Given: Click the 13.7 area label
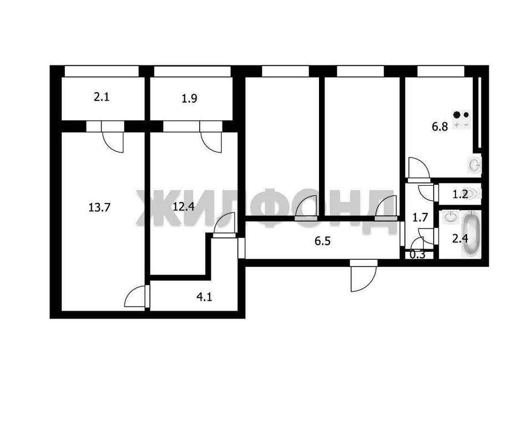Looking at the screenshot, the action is (99, 207).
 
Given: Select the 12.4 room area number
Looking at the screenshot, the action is (184, 206).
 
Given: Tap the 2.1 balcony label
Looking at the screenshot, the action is (102, 98).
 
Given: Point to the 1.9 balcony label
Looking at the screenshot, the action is (189, 99).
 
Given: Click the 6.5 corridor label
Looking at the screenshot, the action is (322, 241).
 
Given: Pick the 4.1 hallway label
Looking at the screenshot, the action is (204, 297).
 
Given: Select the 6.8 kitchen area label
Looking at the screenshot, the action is (440, 127).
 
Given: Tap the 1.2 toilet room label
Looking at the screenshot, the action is (460, 194).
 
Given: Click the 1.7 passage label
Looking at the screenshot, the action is (420, 217).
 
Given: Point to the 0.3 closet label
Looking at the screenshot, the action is (417, 255).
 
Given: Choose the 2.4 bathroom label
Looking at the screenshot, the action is (460, 239).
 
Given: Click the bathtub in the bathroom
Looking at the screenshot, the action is (471, 234).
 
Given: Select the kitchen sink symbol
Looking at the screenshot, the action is (475, 165).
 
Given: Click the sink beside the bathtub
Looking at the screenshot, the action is (450, 217).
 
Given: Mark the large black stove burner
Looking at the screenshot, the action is (457, 115).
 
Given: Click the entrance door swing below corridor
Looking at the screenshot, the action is (363, 276).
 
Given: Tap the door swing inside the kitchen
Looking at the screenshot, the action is (419, 168).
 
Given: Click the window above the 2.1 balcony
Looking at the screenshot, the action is (102, 71).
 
